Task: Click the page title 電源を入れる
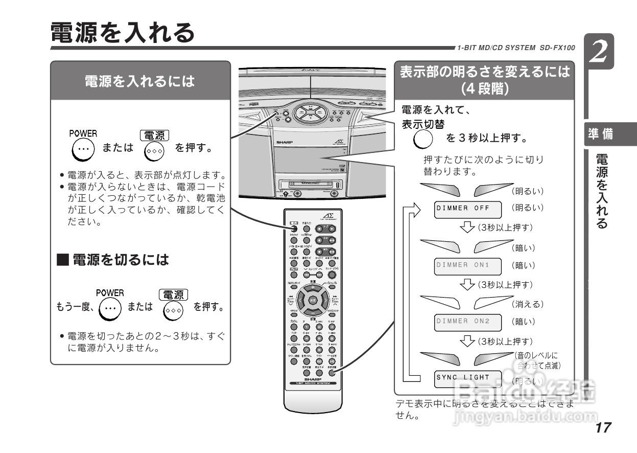[x=123, y=32]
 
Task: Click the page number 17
[x=603, y=428]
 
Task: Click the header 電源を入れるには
[x=140, y=81]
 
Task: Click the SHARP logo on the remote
[x=312, y=379]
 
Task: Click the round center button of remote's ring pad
[x=313, y=300]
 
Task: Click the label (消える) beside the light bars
[x=528, y=304]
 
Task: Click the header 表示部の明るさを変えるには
[x=484, y=79]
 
